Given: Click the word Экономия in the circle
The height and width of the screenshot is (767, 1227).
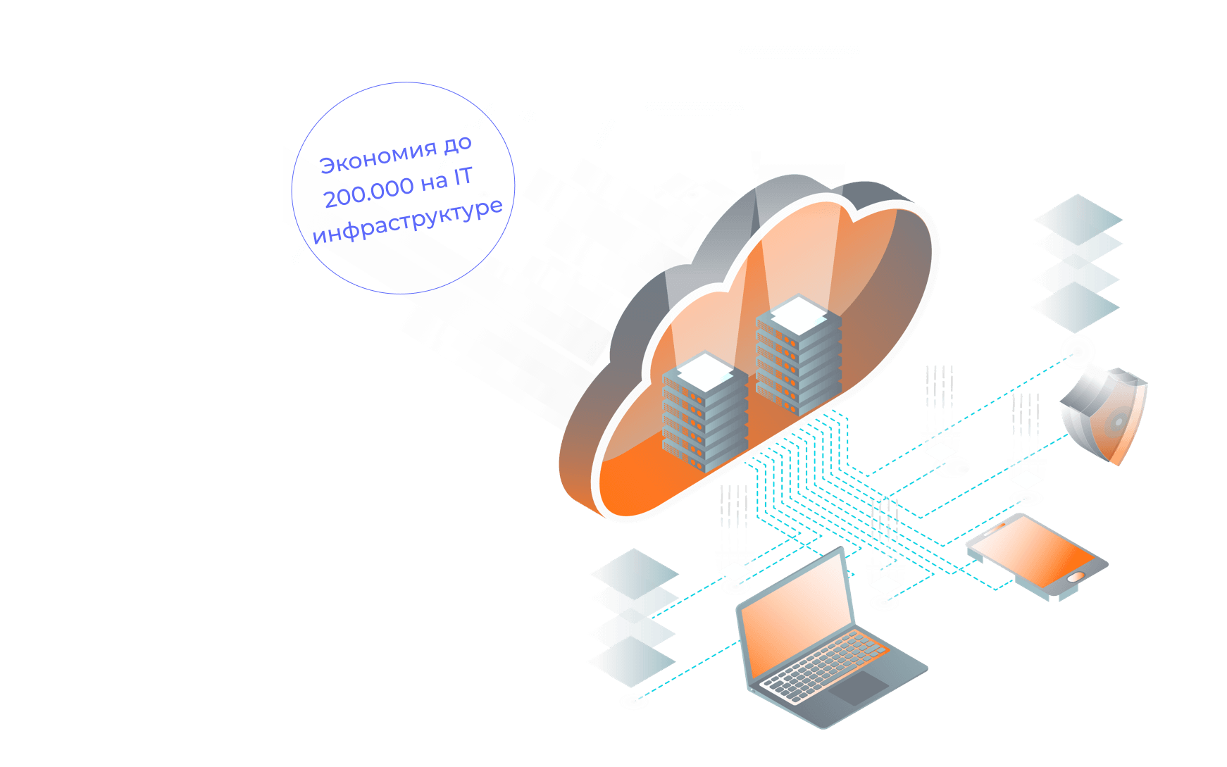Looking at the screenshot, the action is click(378, 156).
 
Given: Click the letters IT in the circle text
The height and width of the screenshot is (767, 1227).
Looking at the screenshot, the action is click(462, 176).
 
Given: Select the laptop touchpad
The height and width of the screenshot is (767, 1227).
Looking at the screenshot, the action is click(859, 687).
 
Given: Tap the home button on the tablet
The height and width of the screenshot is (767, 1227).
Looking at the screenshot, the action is click(1076, 578).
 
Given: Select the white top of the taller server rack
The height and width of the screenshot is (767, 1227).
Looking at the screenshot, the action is click(798, 313).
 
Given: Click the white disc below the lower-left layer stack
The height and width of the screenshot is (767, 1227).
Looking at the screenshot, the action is click(634, 701).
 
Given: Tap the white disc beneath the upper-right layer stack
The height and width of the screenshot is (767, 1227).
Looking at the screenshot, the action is click(1077, 349).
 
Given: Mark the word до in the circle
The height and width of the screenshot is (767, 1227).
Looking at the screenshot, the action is click(457, 144).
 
